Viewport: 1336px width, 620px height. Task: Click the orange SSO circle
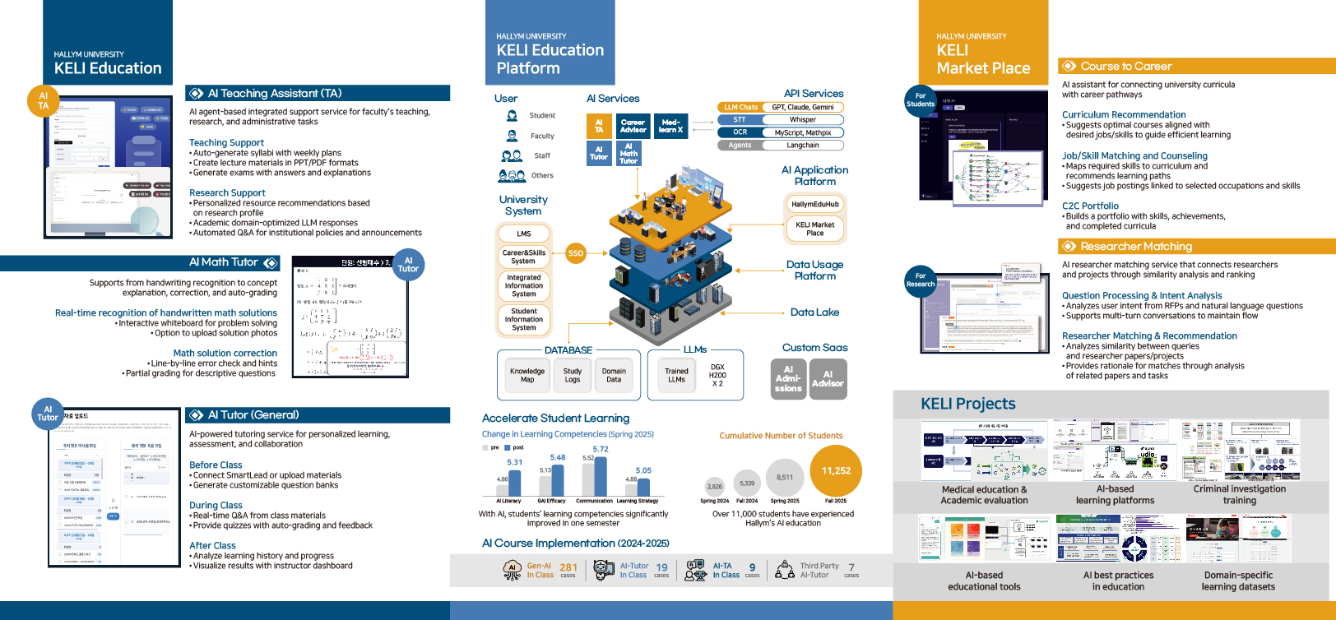tap(576, 253)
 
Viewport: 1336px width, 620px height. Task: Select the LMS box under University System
tap(524, 234)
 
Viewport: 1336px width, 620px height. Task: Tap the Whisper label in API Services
tap(802, 120)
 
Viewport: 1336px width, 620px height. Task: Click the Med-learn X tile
tap(670, 126)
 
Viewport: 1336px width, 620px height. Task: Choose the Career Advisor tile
tap(633, 126)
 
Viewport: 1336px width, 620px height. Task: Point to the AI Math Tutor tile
tap(629, 154)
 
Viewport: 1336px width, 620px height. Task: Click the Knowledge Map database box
tap(527, 375)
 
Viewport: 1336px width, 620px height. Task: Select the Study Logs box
tap(573, 375)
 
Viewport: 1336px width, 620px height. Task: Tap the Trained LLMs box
tap(676, 375)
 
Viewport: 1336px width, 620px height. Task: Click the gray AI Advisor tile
tap(828, 378)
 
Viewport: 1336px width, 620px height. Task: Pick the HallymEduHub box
tap(814, 204)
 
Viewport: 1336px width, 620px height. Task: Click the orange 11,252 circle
tap(836, 470)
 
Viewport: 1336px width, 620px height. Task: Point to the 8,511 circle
tap(785, 477)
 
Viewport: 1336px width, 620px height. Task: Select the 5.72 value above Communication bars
tap(601, 450)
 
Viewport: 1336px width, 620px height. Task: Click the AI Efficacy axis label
tap(551, 501)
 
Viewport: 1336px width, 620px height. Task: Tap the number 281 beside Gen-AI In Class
tap(568, 567)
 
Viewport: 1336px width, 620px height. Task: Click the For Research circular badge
tap(921, 280)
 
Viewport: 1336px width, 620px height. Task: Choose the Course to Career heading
tap(1125, 67)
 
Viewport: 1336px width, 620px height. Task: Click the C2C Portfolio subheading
tap(1090, 206)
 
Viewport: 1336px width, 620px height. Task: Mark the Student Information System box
tap(524, 319)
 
